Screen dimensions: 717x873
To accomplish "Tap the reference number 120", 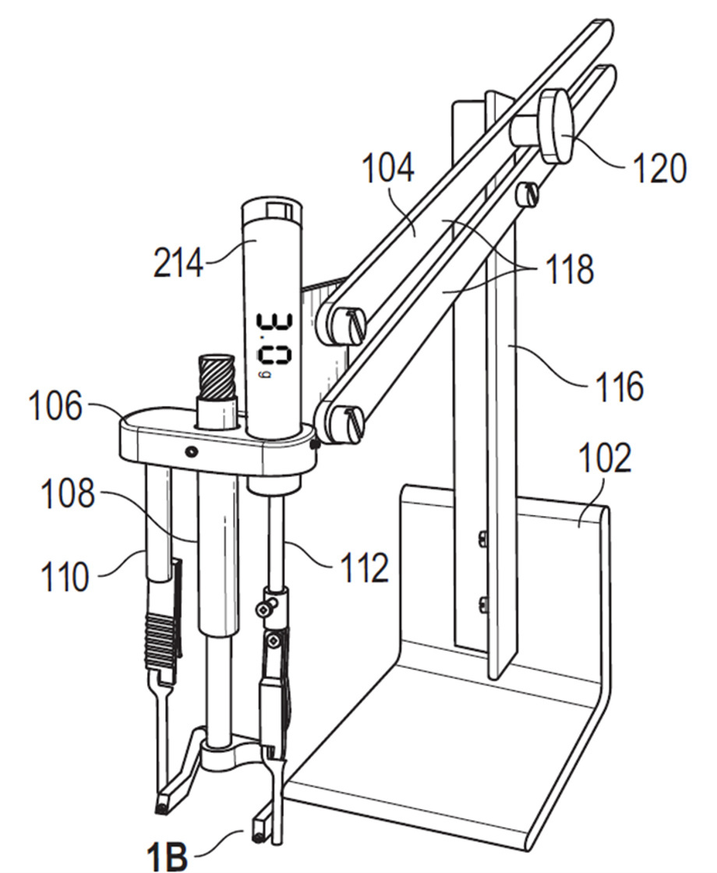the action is (x=660, y=168).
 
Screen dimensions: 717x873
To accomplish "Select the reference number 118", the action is (x=570, y=269).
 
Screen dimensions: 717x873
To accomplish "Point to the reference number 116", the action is (x=620, y=387).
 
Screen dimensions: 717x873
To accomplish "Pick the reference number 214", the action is (x=178, y=263).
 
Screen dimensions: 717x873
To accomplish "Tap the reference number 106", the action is (x=55, y=406).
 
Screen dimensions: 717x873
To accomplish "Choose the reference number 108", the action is (x=68, y=494).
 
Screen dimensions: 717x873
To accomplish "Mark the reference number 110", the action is (x=65, y=576).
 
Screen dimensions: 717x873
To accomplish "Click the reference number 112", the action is (x=365, y=567).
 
